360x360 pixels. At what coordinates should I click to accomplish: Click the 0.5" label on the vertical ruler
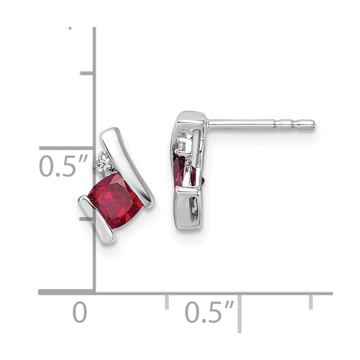point(64,166)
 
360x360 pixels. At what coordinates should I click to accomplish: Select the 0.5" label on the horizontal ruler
point(210,312)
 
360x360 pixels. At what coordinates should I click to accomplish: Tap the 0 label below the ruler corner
point(80,312)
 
